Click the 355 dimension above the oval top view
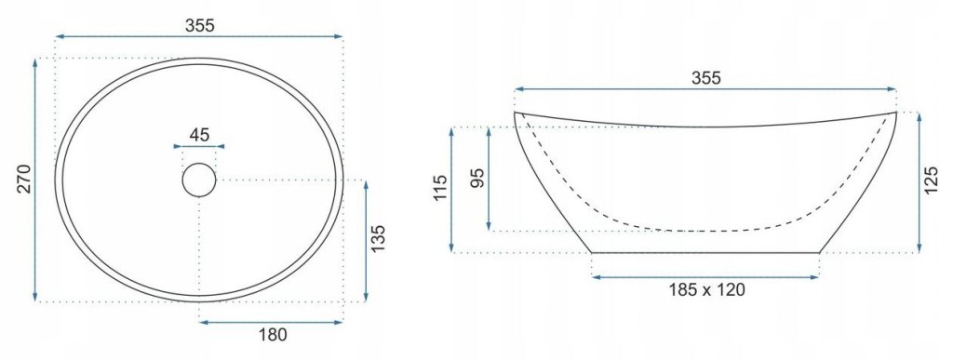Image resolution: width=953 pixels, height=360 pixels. [x=199, y=25]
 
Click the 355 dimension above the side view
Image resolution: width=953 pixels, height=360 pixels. [x=705, y=78]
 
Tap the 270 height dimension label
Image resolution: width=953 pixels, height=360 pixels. [x=23, y=179]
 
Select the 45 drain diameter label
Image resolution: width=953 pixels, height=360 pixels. [x=199, y=134]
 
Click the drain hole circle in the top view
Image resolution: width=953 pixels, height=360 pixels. [x=199, y=180]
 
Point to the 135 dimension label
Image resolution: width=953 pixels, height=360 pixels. [x=378, y=238]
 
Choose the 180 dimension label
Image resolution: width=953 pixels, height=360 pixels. [x=271, y=334]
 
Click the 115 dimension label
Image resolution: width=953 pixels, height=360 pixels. [x=440, y=189]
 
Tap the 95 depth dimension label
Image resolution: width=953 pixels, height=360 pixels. [x=477, y=179]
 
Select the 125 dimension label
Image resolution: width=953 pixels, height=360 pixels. [x=931, y=180]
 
